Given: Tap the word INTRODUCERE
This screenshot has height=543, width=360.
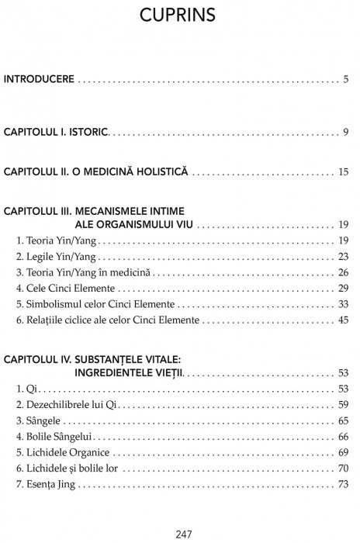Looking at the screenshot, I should (40, 79).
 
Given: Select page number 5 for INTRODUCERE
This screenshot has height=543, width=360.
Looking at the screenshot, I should (345, 79).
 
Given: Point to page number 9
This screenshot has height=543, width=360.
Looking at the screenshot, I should (345, 132).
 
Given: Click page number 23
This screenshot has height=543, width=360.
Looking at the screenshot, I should (343, 256).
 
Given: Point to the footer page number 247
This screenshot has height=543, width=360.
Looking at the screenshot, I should (180, 531).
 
